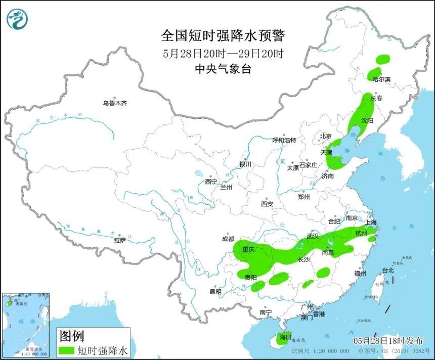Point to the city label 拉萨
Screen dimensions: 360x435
(120, 241)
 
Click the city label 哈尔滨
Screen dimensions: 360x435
(381, 79)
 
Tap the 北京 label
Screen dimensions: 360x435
(325, 136)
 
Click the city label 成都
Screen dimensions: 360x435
(228, 239)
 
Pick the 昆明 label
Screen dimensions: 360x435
(215, 291)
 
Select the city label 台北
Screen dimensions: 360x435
(387, 271)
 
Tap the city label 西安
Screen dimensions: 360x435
(267, 204)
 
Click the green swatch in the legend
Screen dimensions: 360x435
(67, 349)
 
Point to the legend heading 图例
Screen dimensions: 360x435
(71, 335)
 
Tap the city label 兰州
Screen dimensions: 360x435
(226, 187)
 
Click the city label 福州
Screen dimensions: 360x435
(360, 274)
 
